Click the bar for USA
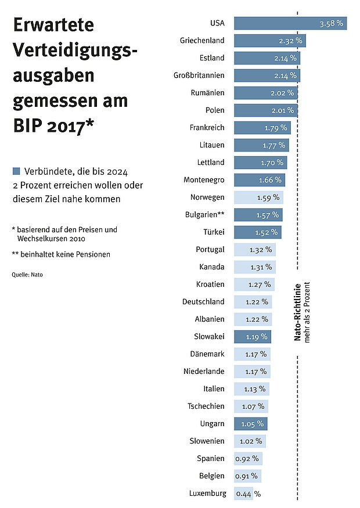coord(290,23)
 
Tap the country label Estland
coord(211,58)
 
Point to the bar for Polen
coord(266,110)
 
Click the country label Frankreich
coord(207,128)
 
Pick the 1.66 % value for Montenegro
coord(270,180)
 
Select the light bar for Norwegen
coord(258,197)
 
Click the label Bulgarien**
coord(205,215)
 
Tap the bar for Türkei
coord(257,232)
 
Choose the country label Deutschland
coord(203,302)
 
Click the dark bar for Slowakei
coord(253,336)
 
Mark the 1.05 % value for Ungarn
coord(252,424)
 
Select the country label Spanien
coord(211,459)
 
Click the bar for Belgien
coord(248,476)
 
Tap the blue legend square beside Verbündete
coord(16,171)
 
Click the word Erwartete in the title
coord(53,26)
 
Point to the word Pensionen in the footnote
coord(92,254)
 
